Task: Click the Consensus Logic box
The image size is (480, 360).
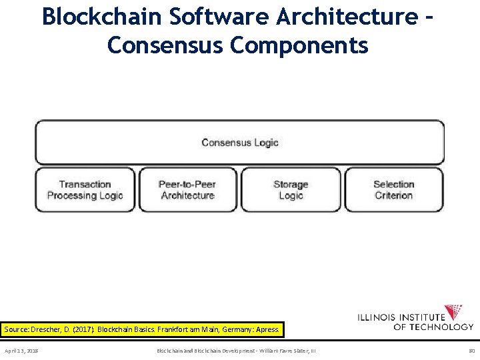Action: pyautogui.click(x=239, y=142)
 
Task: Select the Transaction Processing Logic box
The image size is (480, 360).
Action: pyautogui.click(x=85, y=190)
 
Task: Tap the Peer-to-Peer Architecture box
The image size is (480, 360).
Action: pyautogui.click(x=187, y=190)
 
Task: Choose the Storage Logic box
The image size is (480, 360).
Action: pyautogui.click(x=291, y=190)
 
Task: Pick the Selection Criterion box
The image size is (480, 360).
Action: pyautogui.click(x=393, y=190)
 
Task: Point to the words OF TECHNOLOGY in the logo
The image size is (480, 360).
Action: pyautogui.click(x=433, y=327)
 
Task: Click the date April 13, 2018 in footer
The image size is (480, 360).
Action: pyautogui.click(x=21, y=350)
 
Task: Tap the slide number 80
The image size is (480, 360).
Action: pyautogui.click(x=471, y=350)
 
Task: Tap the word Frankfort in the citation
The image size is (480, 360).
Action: pyautogui.click(x=171, y=329)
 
